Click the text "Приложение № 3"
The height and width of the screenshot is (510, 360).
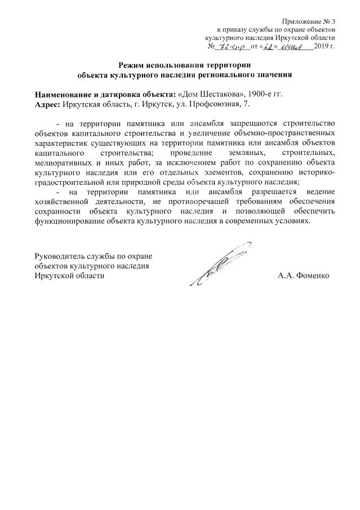pos(310,20)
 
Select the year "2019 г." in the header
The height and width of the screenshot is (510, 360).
pos(325,46)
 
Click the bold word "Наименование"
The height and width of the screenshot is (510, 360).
pos(62,95)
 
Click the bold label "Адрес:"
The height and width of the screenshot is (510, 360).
pos(48,104)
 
